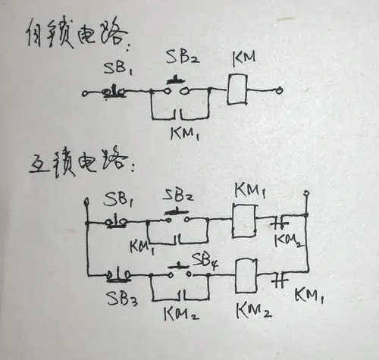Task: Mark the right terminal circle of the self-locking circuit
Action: pos(282,91)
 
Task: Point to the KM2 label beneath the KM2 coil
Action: pos(250,310)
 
